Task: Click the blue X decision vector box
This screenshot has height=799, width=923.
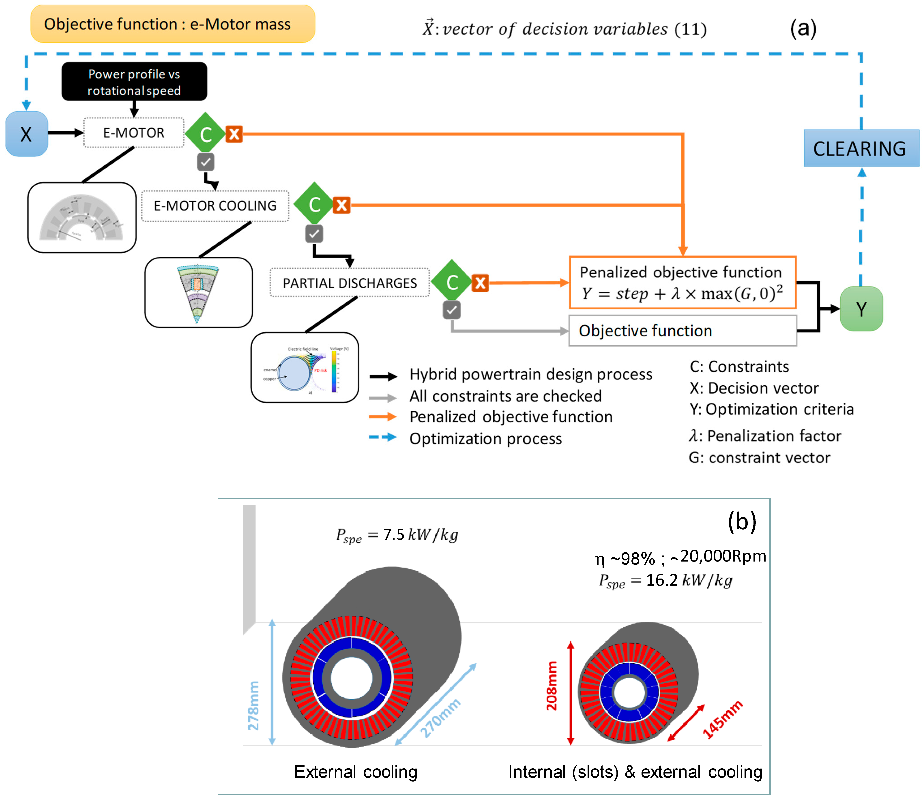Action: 26,134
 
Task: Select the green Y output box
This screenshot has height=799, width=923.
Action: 861,309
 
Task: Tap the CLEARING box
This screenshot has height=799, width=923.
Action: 861,148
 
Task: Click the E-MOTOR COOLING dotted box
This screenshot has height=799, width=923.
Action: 215,205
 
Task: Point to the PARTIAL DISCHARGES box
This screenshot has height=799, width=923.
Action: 350,283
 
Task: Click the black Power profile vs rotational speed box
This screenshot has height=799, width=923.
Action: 134,82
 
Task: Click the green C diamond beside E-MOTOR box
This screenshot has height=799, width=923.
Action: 205,134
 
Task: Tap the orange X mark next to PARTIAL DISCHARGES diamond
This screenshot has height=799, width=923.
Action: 481,283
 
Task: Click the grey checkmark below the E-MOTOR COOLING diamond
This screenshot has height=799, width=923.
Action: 314,234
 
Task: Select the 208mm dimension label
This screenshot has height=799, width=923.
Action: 552,686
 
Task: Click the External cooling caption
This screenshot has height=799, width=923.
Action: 356,772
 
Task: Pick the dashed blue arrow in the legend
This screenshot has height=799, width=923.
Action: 383,437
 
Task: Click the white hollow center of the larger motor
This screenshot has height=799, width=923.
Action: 351,678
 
